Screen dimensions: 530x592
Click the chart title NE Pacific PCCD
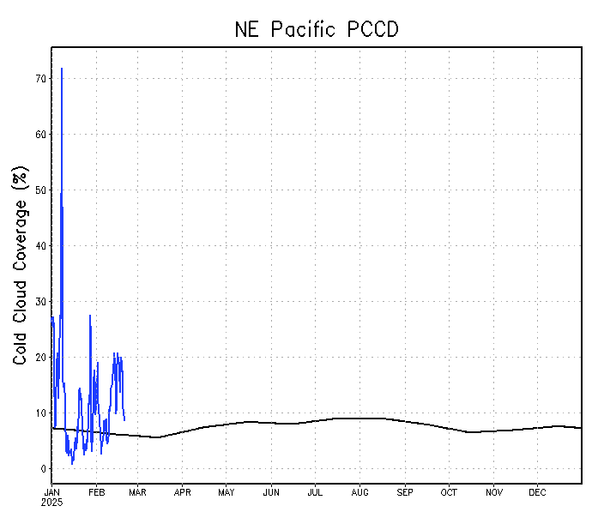coord(317,29)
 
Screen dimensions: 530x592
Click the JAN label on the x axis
coord(51,492)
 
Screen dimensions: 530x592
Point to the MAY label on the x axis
coord(227,492)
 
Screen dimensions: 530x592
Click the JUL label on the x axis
coord(315,492)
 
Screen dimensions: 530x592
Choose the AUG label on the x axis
coord(359,492)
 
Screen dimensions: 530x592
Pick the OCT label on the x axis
coord(449,492)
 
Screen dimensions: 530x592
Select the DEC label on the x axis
coord(537,492)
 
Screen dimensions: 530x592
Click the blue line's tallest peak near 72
coord(62,69)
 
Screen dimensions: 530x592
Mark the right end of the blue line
coord(124,419)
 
